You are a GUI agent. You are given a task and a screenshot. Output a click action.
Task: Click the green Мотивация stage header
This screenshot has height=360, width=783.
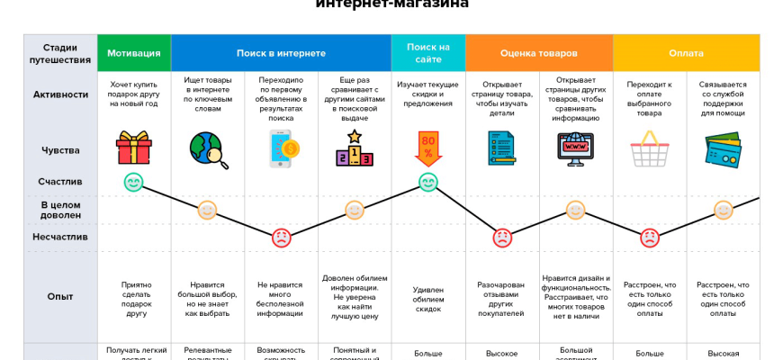click(x=134, y=53)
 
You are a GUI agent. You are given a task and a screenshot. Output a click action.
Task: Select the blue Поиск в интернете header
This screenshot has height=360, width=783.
click(x=281, y=53)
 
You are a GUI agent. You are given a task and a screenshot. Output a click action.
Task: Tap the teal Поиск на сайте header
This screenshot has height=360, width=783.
click(x=427, y=53)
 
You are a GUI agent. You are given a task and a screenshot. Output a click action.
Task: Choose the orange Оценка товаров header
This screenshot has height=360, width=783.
click(x=538, y=53)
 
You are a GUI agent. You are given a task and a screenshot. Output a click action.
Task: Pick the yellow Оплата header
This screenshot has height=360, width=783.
click(x=686, y=53)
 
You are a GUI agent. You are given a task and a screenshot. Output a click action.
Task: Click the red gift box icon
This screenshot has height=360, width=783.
click(x=134, y=148)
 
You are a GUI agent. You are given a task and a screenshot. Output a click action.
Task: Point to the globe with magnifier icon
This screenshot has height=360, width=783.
click(x=208, y=149)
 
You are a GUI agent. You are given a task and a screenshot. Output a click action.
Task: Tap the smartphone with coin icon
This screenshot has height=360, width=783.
click(x=282, y=148)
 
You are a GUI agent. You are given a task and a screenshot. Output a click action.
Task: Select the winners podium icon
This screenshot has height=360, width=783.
click(x=355, y=148)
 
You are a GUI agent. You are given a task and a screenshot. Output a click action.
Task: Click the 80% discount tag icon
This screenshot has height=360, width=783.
click(x=427, y=148)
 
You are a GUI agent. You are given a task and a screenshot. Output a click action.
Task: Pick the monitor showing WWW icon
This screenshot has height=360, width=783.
click(x=575, y=149)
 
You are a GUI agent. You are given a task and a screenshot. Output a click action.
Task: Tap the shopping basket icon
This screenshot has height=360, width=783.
click(x=649, y=148)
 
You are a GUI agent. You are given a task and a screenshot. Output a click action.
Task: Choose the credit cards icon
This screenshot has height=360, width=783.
click(x=723, y=149)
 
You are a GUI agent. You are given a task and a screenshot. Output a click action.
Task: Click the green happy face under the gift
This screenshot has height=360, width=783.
click(x=134, y=182)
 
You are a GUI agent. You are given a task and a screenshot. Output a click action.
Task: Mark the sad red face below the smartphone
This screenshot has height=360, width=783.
click(x=282, y=238)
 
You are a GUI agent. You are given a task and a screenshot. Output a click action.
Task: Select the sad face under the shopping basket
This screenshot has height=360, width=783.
click(x=649, y=238)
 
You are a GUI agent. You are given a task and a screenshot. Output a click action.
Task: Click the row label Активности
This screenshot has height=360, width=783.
click(x=60, y=94)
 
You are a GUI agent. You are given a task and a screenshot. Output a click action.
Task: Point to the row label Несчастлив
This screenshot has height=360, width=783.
click(x=60, y=238)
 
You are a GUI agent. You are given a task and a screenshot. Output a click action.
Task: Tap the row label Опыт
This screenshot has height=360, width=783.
click(x=60, y=296)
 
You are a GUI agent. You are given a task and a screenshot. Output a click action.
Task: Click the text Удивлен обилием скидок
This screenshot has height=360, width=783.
click(x=427, y=297)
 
